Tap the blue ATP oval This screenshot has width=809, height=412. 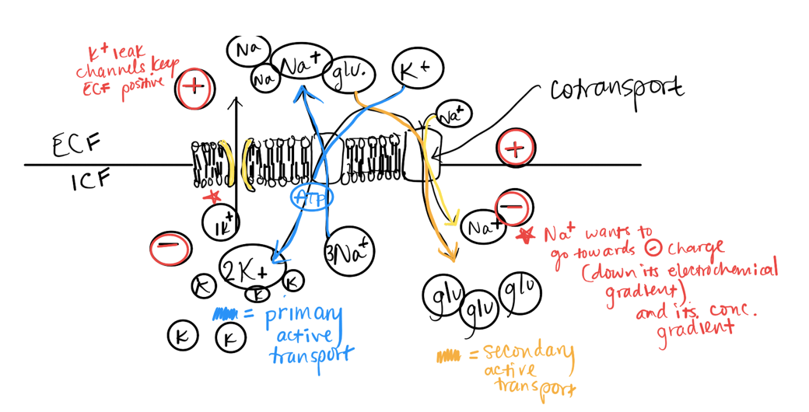[311, 196]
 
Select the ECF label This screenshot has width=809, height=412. [75, 145]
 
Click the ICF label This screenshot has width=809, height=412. [92, 182]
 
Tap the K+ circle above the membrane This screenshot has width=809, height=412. [418, 70]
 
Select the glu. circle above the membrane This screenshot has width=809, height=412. [353, 72]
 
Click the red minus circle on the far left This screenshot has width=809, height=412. [169, 248]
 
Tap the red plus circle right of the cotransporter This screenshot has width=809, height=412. [514, 148]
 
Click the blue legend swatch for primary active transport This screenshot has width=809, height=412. [226, 315]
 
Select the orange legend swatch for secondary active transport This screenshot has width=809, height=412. [448, 357]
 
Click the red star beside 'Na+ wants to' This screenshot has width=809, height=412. [527, 232]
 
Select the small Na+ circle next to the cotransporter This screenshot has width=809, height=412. [453, 115]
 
